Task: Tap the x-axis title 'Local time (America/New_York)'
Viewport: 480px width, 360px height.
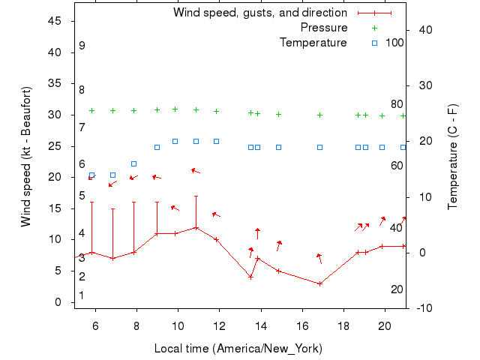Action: pyautogui.click(x=237, y=348)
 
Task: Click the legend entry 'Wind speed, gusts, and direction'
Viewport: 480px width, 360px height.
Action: pyautogui.click(x=260, y=13)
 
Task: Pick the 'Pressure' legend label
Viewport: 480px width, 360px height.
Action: pyautogui.click(x=324, y=28)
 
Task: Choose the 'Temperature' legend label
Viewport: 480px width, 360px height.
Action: pyautogui.click(x=313, y=43)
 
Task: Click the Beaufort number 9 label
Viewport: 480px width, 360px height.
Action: pyautogui.click(x=82, y=46)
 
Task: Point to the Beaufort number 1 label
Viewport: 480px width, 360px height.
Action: pyautogui.click(x=82, y=295)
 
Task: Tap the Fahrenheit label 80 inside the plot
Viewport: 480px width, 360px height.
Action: pyautogui.click(x=397, y=104)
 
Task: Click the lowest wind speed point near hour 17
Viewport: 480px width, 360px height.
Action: pyautogui.click(x=320, y=283)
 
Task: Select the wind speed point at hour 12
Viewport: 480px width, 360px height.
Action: pyautogui.click(x=217, y=239)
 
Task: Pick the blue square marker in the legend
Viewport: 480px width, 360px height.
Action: pyautogui.click(x=375, y=43)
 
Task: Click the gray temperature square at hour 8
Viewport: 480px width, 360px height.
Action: pyautogui.click(x=134, y=163)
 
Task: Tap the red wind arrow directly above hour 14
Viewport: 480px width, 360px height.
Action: pyautogui.click(x=257, y=233)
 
